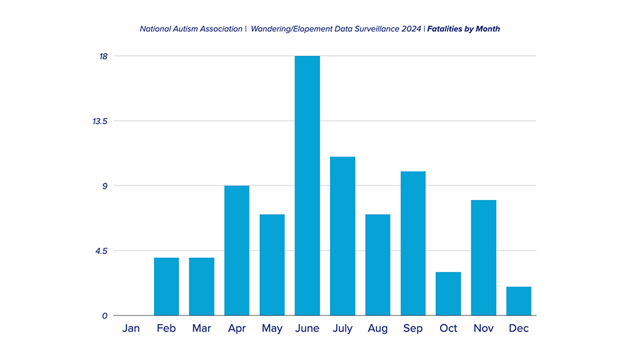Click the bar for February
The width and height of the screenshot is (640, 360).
166,287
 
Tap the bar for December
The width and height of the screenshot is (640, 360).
519,301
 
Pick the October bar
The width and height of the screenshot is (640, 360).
448,293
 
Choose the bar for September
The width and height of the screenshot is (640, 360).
413,243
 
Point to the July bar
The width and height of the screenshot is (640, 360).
343,236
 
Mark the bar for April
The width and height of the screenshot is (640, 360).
237,251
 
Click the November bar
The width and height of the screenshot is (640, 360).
483,257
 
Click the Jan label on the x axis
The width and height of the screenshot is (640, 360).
131,329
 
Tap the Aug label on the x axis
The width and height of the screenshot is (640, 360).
377,329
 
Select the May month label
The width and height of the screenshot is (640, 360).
272,329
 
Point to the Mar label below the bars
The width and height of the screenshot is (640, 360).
201,329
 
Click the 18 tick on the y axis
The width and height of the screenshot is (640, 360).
104,56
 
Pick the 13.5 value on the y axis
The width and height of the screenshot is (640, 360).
100,121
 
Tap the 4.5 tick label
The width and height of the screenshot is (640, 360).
102,251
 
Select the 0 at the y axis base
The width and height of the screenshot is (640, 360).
105,315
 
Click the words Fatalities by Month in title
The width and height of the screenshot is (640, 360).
463,29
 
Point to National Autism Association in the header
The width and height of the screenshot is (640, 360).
191,29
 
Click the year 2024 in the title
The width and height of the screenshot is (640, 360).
409,29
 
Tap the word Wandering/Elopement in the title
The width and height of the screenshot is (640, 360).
291,29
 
